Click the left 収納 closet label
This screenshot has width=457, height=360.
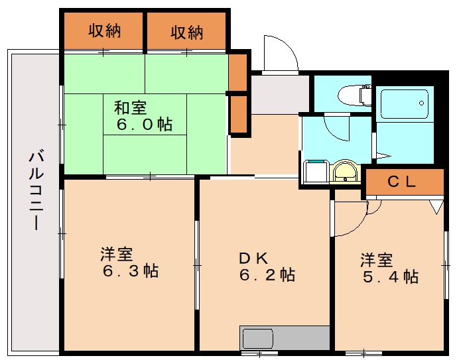click(x=105, y=30)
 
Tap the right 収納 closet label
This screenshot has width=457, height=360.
click(x=187, y=32)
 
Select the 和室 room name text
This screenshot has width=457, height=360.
click(x=130, y=107)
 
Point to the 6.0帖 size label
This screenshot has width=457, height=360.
click(x=145, y=125)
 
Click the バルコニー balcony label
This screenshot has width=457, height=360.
click(x=36, y=190)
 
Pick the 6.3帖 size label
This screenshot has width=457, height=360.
click(x=131, y=271)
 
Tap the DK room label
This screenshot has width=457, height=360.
click(x=253, y=259)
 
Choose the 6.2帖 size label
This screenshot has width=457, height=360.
click(x=267, y=275)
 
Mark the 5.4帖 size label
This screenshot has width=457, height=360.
click(x=391, y=276)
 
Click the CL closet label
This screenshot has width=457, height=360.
click(x=401, y=182)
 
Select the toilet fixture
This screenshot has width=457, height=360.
click(x=355, y=95)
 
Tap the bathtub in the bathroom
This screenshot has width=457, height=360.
click(x=405, y=104)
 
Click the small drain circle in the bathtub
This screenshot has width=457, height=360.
click(x=421, y=103)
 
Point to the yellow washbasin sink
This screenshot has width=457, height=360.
click(x=346, y=172)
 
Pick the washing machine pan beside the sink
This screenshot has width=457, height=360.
click(x=316, y=172)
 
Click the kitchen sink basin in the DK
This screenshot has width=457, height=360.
click(x=258, y=339)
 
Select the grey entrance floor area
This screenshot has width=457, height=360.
click(x=280, y=95)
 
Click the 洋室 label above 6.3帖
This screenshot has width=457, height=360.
click(x=117, y=254)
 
